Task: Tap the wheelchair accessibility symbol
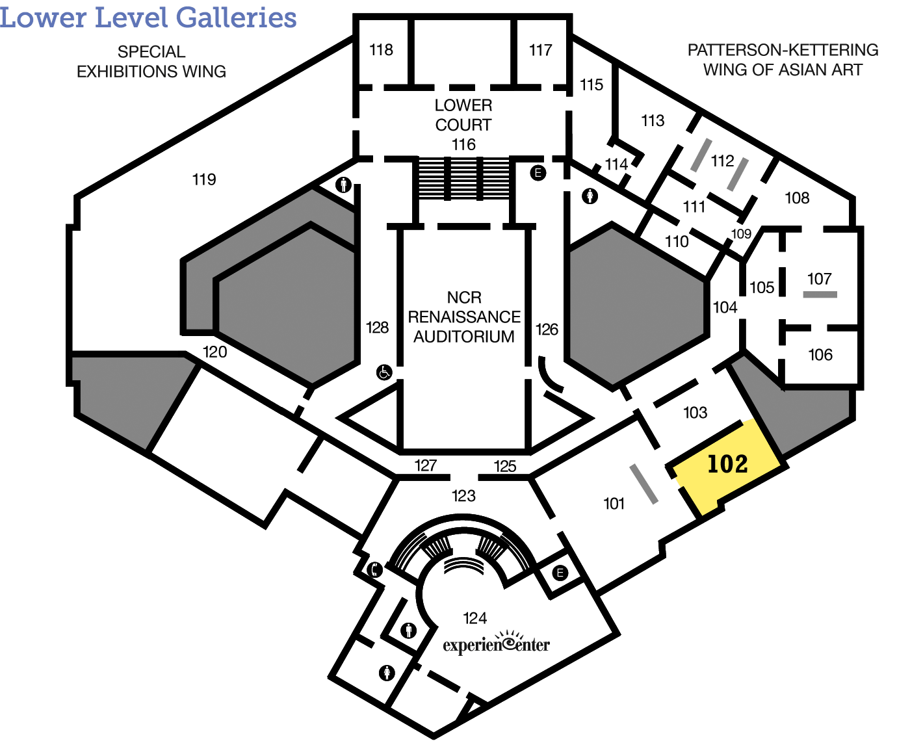(384, 372)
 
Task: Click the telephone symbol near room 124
(374, 569)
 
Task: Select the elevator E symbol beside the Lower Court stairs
(538, 173)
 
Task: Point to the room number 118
(382, 49)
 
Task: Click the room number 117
(540, 50)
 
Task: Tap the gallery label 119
(204, 179)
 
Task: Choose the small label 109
(741, 234)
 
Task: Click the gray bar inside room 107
(820, 294)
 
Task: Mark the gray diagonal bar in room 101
(643, 484)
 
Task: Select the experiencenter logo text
(496, 643)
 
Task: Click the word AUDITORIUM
(463, 337)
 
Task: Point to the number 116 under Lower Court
(463, 144)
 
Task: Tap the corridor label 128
(377, 328)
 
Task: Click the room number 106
(820, 355)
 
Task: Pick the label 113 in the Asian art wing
(653, 120)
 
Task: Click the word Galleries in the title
(236, 18)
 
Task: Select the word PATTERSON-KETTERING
(783, 50)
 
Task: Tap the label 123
(463, 495)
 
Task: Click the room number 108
(797, 198)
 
